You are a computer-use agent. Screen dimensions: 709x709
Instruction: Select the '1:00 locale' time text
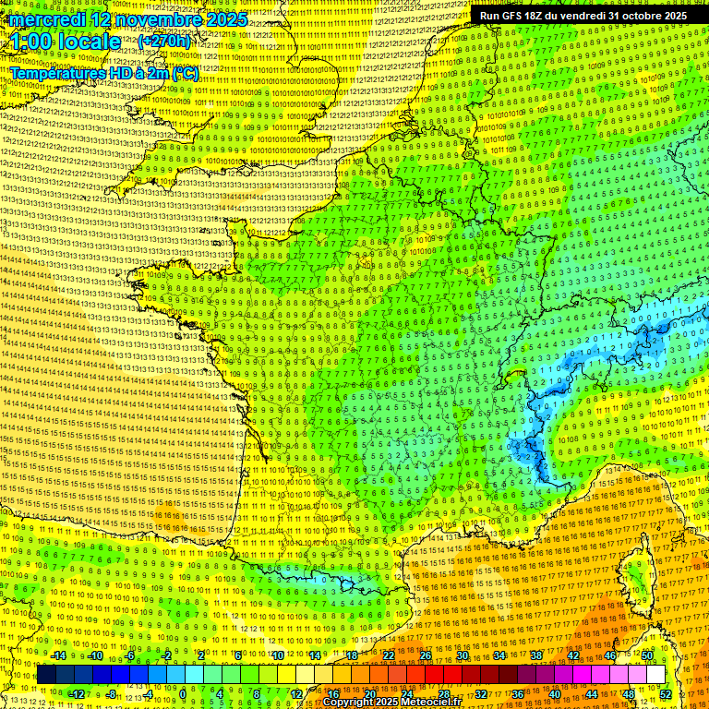(66, 42)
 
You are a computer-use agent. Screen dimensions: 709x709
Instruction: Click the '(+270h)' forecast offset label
(164, 42)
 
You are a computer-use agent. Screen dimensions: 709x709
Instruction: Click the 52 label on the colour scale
(666, 693)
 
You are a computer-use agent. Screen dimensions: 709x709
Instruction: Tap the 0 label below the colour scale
(183, 693)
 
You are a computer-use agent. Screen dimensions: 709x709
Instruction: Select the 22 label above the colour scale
(388, 656)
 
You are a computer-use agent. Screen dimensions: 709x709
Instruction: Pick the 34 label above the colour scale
(499, 656)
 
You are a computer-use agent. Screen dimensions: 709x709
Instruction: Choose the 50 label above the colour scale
(646, 656)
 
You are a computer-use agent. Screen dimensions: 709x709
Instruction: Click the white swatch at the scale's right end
(655, 675)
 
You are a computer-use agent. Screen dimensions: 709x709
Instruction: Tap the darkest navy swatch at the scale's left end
(46, 675)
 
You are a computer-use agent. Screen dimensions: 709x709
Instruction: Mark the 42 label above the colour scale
(572, 656)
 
